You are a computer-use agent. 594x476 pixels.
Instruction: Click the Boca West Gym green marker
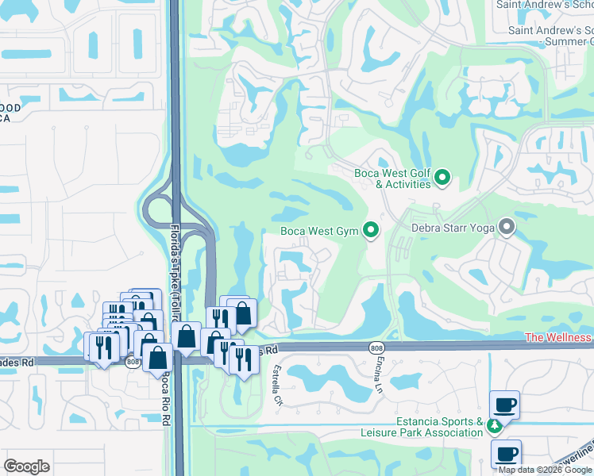pos(370,232)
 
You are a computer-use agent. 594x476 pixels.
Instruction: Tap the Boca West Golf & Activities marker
pos(443,178)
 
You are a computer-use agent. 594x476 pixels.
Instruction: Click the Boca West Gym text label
pos(320,232)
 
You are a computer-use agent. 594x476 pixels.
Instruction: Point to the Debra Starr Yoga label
pos(453,228)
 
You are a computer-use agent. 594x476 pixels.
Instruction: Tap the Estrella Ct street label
pos(279,386)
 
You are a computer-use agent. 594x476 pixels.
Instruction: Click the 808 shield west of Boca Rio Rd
pos(132,362)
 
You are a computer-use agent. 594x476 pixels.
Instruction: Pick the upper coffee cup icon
pos(505,405)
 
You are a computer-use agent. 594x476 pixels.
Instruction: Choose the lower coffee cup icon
pos(506,454)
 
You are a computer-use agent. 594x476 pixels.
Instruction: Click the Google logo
pos(27,466)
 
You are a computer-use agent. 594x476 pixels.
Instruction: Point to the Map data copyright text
pos(545,470)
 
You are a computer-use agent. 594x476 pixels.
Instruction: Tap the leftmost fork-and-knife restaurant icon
pos(99,347)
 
